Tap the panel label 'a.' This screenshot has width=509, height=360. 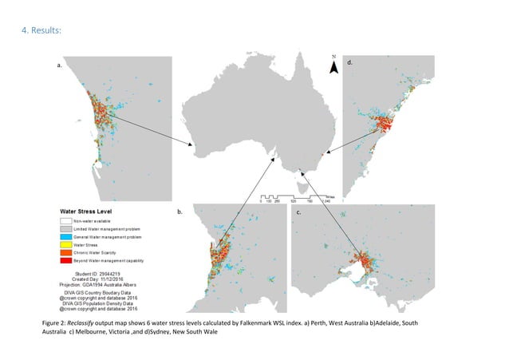(x=59, y=67)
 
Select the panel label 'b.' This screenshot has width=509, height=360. (x=180, y=213)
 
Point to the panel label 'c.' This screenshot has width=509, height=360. (x=298, y=213)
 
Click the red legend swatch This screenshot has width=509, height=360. (x=65, y=259)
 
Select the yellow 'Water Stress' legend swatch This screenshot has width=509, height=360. (x=65, y=243)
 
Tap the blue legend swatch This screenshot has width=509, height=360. (x=65, y=236)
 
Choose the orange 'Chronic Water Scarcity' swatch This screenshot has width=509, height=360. (x=65, y=251)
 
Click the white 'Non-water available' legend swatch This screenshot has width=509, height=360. (x=65, y=220)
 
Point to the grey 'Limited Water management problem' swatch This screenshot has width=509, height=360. (x=65, y=228)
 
